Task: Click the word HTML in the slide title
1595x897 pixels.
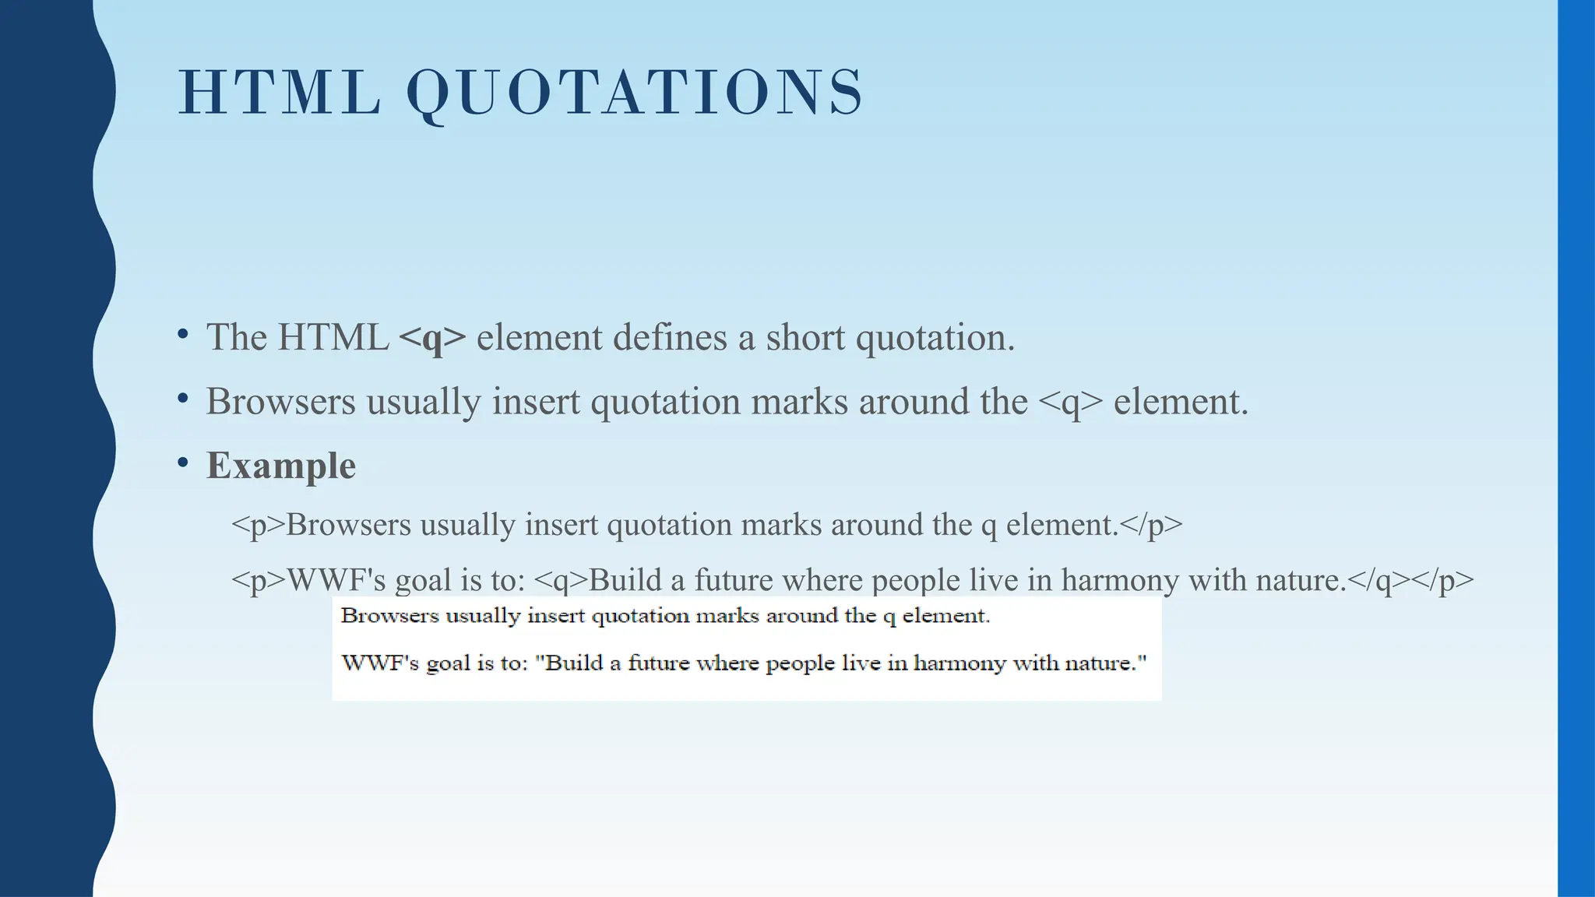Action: tap(280, 93)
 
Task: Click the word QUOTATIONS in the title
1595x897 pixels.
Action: tap(635, 93)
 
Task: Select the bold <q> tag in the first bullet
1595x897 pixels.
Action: tap(432, 338)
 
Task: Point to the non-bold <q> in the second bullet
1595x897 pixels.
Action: tap(1071, 402)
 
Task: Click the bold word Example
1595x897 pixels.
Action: tap(281, 466)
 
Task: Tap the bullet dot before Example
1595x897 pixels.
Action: tap(183, 463)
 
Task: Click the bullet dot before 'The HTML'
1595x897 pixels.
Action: tap(183, 335)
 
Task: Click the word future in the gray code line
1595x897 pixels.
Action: tap(733, 581)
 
